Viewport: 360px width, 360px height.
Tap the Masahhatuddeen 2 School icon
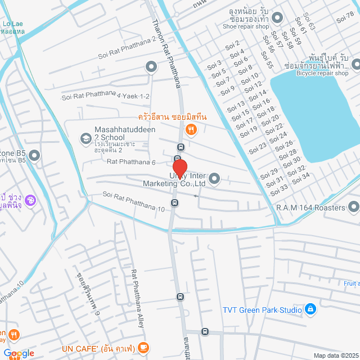(85, 138)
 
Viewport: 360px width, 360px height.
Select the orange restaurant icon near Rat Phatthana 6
(191, 130)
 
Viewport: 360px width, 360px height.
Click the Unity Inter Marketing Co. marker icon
(214, 179)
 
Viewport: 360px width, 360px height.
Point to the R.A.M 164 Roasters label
(310, 208)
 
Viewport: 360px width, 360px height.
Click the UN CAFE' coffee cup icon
(143, 348)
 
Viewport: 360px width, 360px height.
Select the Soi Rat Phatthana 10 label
(133, 201)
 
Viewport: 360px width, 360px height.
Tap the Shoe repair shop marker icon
(277, 18)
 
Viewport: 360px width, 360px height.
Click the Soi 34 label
(301, 176)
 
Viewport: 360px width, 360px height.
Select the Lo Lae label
(12, 24)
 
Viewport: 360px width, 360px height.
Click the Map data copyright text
(335, 355)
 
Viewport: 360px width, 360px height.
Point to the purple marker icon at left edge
(30, 199)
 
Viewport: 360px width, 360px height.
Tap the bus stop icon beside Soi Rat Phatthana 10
(175, 202)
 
